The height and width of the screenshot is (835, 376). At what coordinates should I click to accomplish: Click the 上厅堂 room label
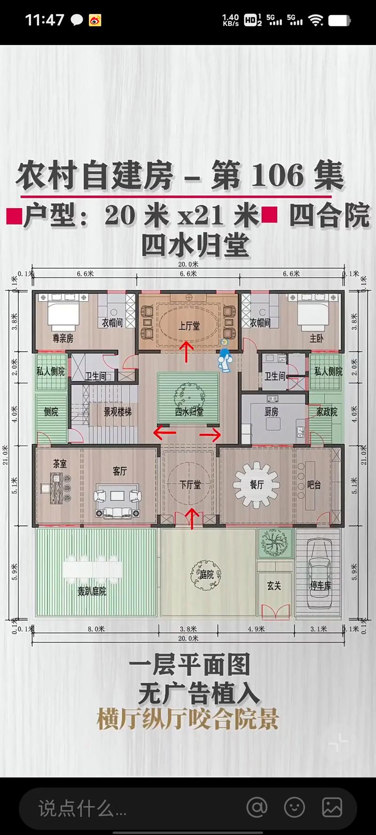tap(189, 325)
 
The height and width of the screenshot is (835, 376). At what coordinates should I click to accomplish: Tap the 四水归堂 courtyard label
tap(189, 412)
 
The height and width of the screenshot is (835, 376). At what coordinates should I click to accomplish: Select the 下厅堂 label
tap(190, 484)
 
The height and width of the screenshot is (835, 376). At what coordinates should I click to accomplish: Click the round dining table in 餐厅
tap(257, 485)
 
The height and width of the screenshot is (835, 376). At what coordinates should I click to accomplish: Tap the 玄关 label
tap(274, 586)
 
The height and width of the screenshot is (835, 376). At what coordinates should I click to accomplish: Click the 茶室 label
tap(60, 464)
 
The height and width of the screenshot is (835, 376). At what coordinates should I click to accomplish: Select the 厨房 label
tap(271, 412)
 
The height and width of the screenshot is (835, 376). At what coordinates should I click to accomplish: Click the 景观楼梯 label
tap(117, 412)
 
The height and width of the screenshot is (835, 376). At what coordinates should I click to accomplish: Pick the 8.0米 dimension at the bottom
tap(96, 629)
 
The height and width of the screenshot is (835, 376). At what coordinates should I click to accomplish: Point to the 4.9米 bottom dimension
tap(256, 629)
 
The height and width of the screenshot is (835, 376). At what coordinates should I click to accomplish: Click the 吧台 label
tap(313, 484)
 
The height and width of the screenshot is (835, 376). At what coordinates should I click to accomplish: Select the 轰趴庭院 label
tap(92, 591)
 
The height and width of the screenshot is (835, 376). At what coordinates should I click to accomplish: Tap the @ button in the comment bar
tap(257, 807)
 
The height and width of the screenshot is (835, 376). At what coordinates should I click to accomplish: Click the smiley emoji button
tap(295, 807)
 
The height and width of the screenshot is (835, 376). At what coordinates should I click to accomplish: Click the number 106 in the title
tap(278, 175)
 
